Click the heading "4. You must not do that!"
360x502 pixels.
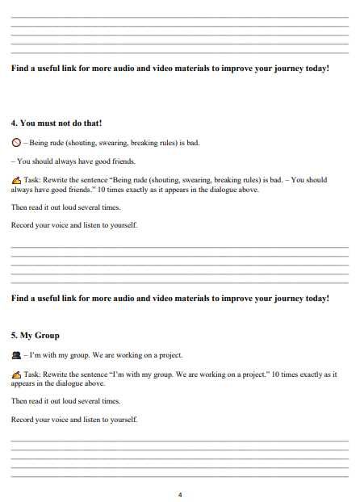[56, 123]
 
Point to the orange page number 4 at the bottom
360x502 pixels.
[180, 494]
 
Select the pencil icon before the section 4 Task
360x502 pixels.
[16, 180]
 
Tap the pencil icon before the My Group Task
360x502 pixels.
[16, 374]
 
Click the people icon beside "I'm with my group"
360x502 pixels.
[16, 355]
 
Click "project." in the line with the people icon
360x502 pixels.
[170, 355]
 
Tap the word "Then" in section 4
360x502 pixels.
[19, 207]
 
